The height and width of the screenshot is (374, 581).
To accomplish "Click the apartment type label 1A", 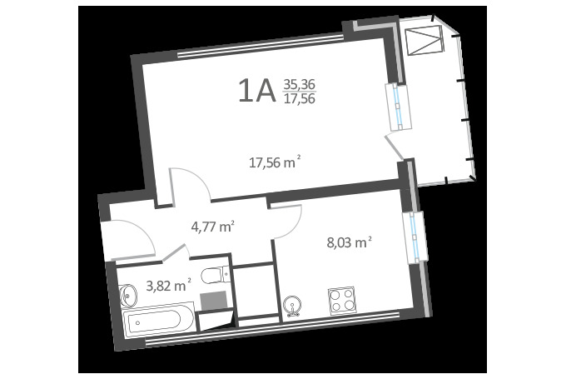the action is point(256,91).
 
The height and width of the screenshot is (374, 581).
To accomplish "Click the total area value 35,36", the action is point(299,85).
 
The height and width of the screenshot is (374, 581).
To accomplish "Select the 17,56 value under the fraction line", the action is point(299,98).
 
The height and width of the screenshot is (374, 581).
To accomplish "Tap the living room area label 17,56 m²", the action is point(275,162).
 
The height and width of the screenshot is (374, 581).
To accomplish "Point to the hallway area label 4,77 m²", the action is point(213,226).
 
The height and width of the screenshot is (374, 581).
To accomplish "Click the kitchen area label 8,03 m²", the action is point(349,242).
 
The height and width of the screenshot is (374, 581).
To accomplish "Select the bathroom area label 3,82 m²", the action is point(169,286).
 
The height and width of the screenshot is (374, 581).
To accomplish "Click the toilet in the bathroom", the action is point(215,275).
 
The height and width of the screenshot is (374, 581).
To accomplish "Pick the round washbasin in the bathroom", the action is point(128,296).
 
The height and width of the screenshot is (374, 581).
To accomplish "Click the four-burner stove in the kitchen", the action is point(341,300).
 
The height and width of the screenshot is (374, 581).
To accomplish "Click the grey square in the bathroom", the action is point(213,301).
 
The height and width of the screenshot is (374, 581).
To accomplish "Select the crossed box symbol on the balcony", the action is point(425,41).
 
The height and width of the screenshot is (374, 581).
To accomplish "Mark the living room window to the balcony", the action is point(399,107).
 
